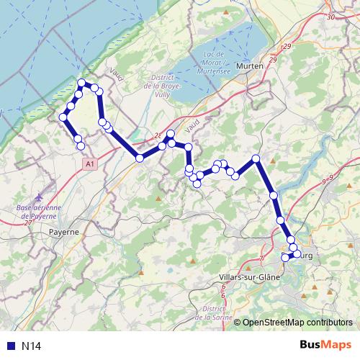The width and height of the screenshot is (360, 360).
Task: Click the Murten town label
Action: coord(249,66)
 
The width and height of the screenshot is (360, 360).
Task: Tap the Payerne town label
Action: coord(64,233)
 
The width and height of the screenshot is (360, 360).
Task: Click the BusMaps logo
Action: coord(324,345)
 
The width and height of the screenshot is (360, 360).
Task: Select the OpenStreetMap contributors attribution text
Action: coord(297,323)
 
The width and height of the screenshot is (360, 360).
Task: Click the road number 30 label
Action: coord(330,17)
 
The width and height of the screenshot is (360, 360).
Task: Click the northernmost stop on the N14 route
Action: coord(82,82)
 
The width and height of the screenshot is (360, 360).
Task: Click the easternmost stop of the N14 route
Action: coord(297,253)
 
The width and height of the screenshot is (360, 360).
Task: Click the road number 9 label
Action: coord(330,178)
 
